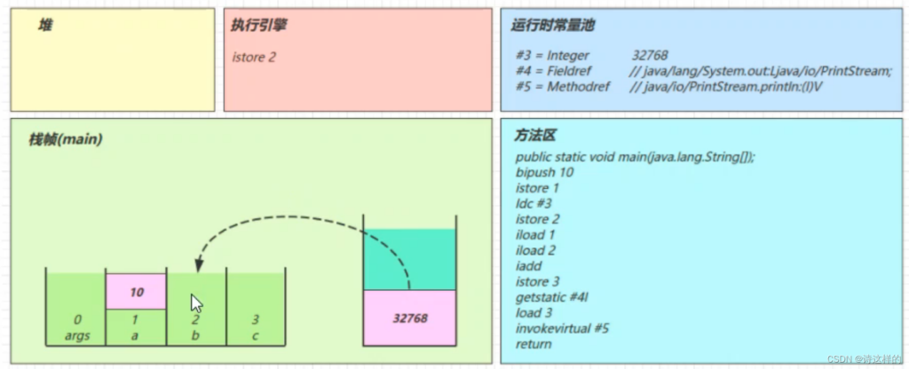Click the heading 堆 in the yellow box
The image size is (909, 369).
pos(44,25)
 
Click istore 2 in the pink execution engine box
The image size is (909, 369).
pos(254,58)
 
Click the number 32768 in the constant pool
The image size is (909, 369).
pos(650,56)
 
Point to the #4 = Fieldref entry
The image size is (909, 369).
pos(554,71)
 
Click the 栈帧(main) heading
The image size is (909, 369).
pos(66,139)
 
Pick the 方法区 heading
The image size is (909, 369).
pos(535,136)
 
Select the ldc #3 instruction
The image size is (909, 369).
pos(534,204)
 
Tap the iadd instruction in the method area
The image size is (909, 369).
pos(527,266)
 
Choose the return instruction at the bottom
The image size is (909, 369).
pos(534,344)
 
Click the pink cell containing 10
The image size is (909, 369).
pos(136,291)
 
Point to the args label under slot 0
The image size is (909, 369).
pos(77,336)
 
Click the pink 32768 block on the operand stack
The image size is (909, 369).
pos(409,318)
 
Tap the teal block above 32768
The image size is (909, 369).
pos(409,260)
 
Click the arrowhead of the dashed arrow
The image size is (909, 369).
pos(199,265)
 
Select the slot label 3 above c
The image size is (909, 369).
pos(255,319)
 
